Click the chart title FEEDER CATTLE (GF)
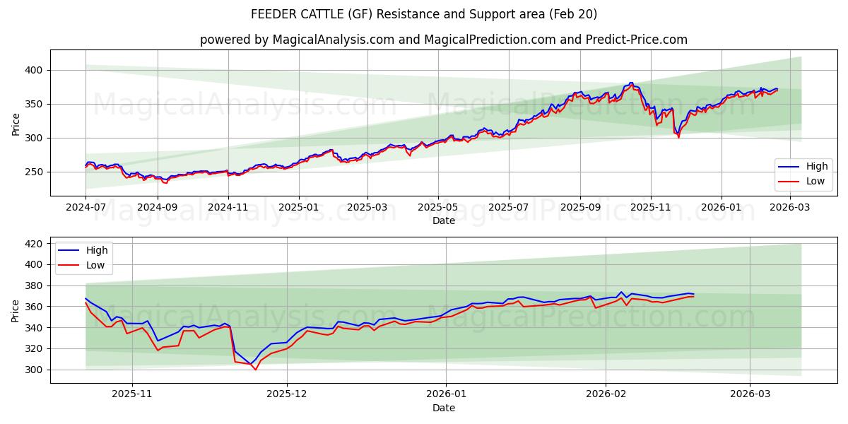coord(424,14)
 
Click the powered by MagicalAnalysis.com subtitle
coord(443,40)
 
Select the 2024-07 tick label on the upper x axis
coord(86,207)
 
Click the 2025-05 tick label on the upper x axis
coord(438,207)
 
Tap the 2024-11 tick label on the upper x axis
coord(228,207)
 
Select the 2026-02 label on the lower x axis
coord(606,394)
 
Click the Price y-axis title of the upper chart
coord(16,124)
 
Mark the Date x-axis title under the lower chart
coord(443,408)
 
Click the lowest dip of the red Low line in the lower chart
coord(255,370)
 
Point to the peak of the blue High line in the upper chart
coord(630,83)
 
